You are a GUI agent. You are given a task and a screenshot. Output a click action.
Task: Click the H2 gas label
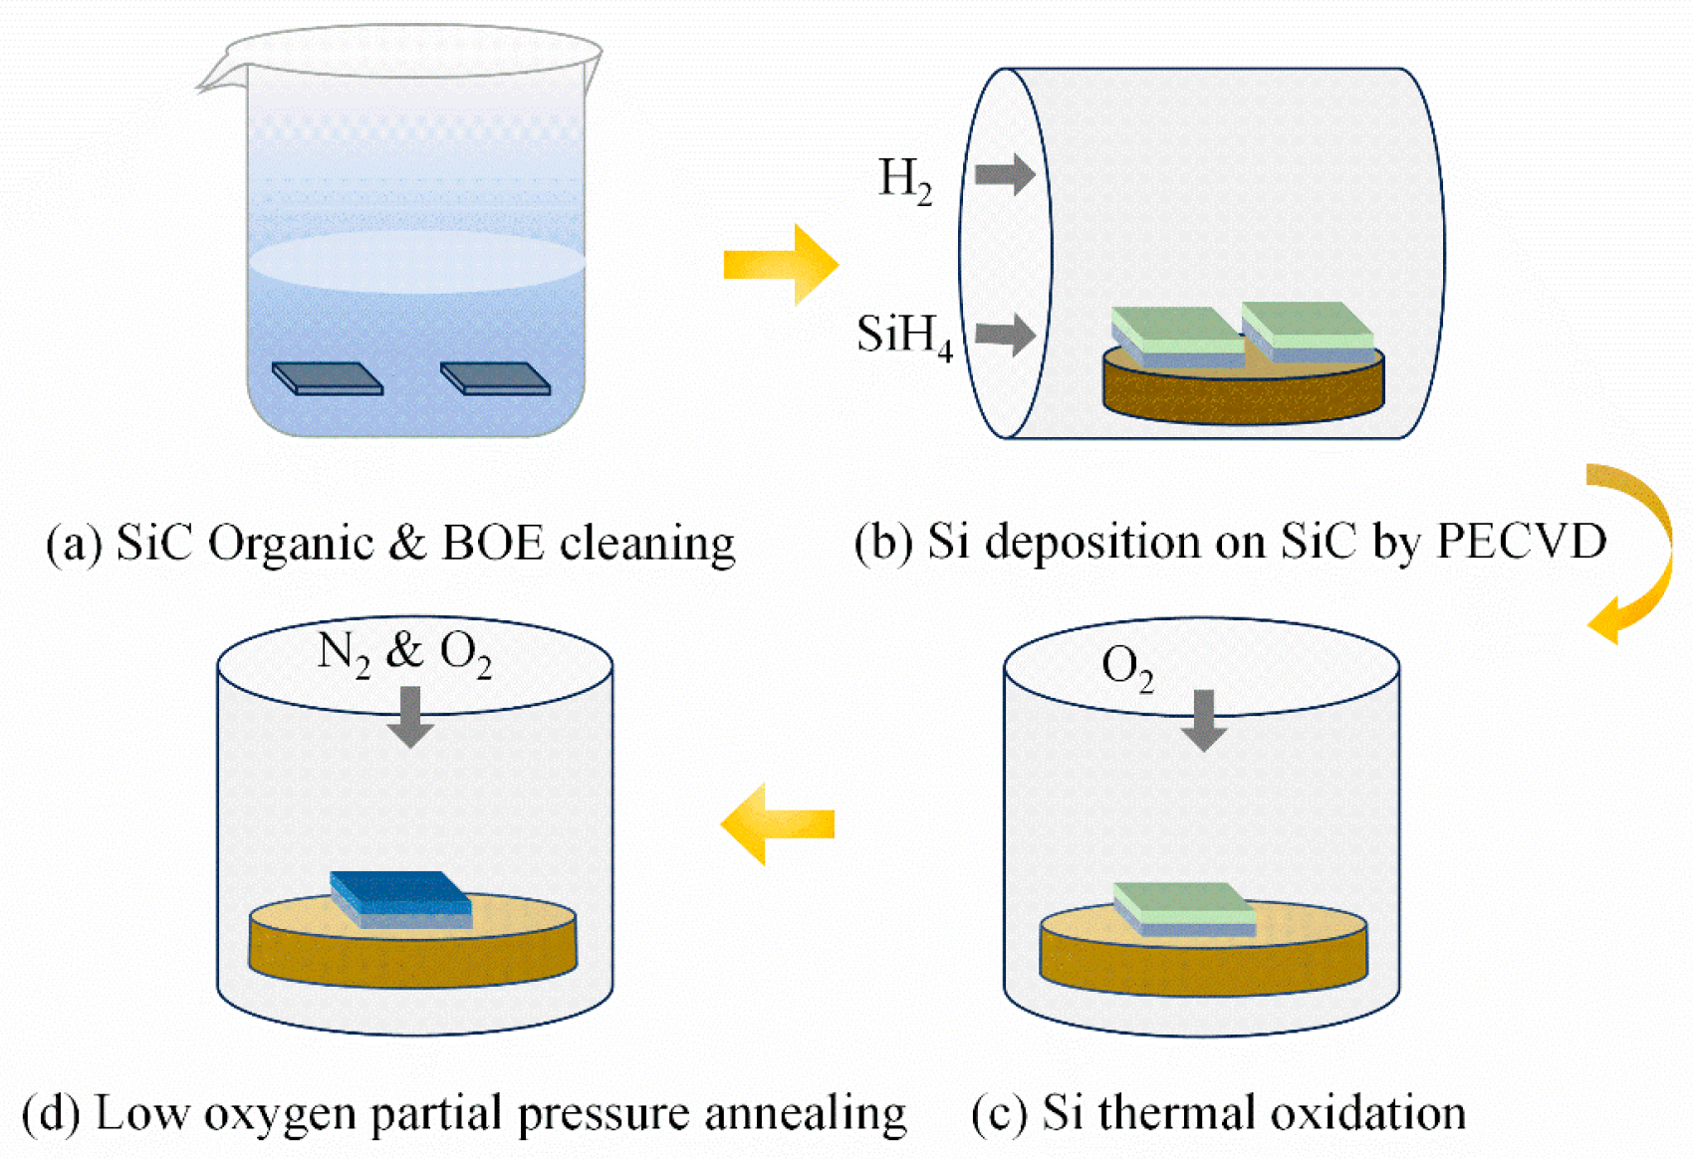tap(904, 181)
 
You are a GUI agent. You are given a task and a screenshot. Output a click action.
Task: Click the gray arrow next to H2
tap(1005, 175)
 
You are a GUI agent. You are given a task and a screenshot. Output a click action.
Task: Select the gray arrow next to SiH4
tap(1005, 334)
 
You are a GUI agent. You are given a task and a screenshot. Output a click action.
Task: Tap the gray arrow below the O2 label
tap(1203, 720)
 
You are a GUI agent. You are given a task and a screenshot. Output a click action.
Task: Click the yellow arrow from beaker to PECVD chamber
tap(781, 265)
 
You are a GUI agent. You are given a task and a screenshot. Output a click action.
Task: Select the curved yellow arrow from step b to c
tap(1633, 553)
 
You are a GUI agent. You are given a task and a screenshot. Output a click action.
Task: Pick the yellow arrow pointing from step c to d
tap(778, 823)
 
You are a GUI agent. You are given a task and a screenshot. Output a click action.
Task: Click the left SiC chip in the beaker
tap(328, 378)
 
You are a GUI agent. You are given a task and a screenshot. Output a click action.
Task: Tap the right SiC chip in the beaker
tap(495, 378)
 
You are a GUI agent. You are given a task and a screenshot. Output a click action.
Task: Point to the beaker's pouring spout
tap(215, 78)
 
